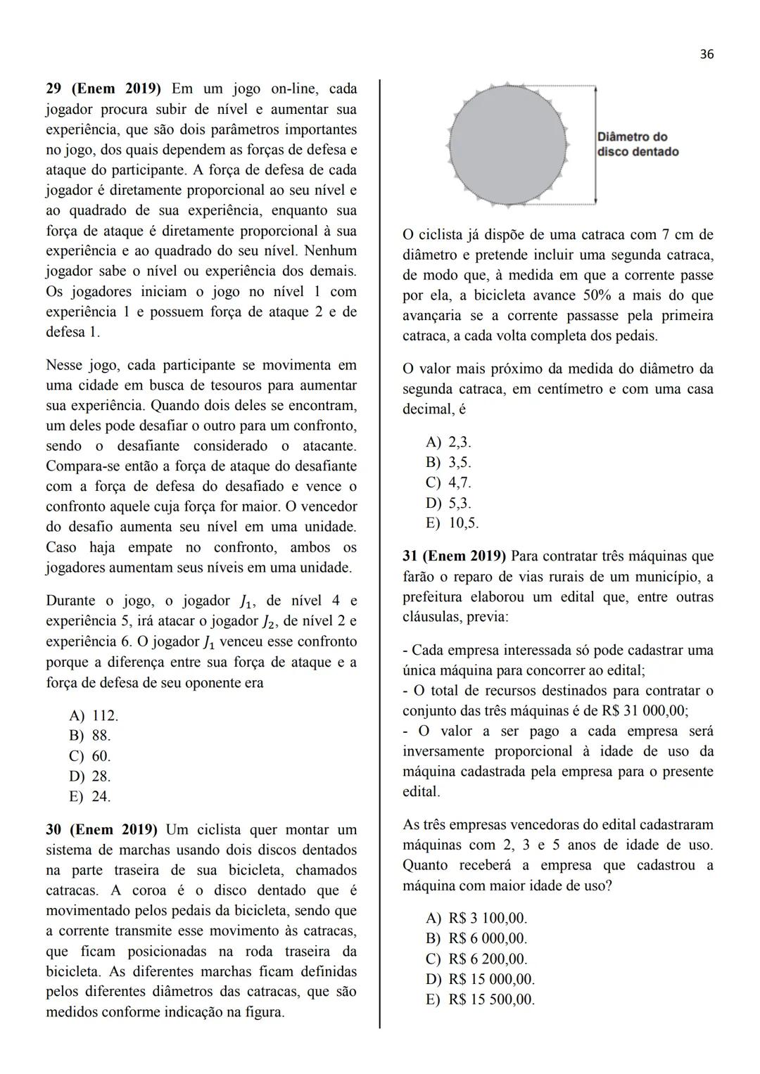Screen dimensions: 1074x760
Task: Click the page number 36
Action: pyautogui.click(x=707, y=54)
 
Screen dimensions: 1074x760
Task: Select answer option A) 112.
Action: pyautogui.click(x=94, y=715)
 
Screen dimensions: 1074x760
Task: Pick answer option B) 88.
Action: pyautogui.click(x=89, y=736)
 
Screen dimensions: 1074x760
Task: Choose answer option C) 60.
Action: pyautogui.click(x=89, y=756)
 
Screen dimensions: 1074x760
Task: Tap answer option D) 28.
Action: pyautogui.click(x=89, y=776)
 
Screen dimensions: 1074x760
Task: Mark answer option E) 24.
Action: pyautogui.click(x=89, y=797)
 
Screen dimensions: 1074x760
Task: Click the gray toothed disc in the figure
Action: pyautogui.click(x=508, y=143)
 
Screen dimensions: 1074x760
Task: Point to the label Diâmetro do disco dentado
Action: pyautogui.click(x=638, y=144)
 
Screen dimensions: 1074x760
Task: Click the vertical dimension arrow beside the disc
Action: pyautogui.click(x=595, y=144)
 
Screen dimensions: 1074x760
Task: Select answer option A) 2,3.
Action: pyautogui.click(x=449, y=442)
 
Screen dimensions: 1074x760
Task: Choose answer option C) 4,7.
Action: pyautogui.click(x=449, y=483)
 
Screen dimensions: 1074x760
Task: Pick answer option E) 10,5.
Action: pyautogui.click(x=452, y=523)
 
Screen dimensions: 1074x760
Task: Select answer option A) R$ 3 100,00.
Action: pyautogui.click(x=476, y=919)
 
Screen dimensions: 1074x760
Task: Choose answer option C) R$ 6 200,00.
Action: pyautogui.click(x=476, y=959)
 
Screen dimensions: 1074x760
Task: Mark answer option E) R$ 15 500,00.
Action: pyautogui.click(x=480, y=999)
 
